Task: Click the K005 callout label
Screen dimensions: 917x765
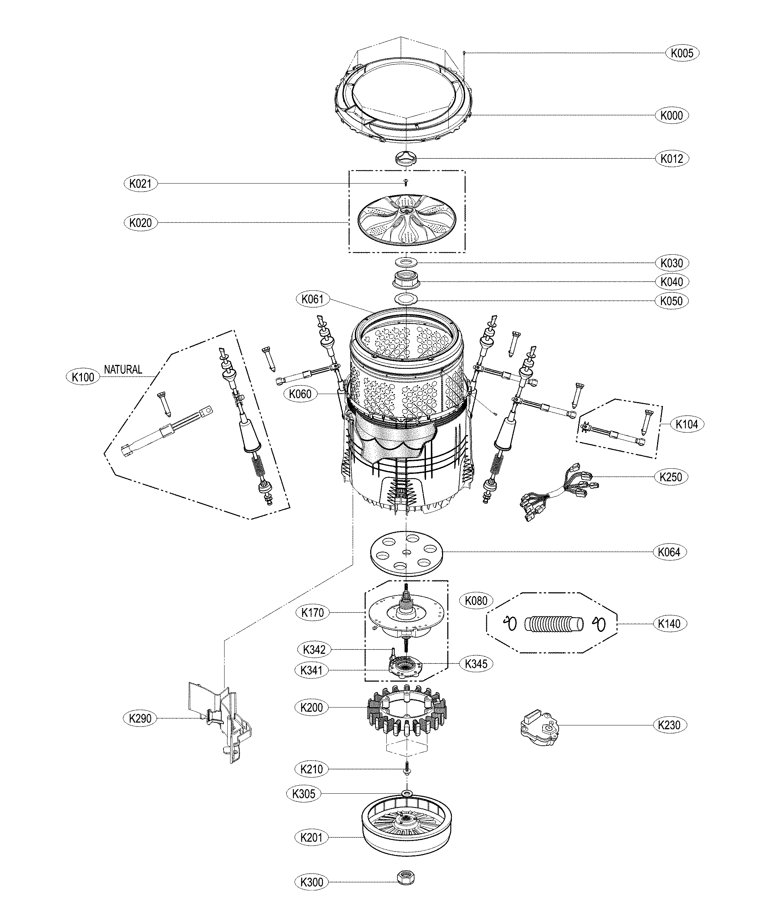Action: point(682,53)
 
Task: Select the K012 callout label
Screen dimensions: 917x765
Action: point(671,159)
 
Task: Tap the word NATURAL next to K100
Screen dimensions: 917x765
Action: point(123,370)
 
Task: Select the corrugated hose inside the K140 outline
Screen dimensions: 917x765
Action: point(554,623)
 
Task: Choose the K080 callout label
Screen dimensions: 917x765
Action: point(476,600)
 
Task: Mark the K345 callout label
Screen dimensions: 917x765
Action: point(476,664)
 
